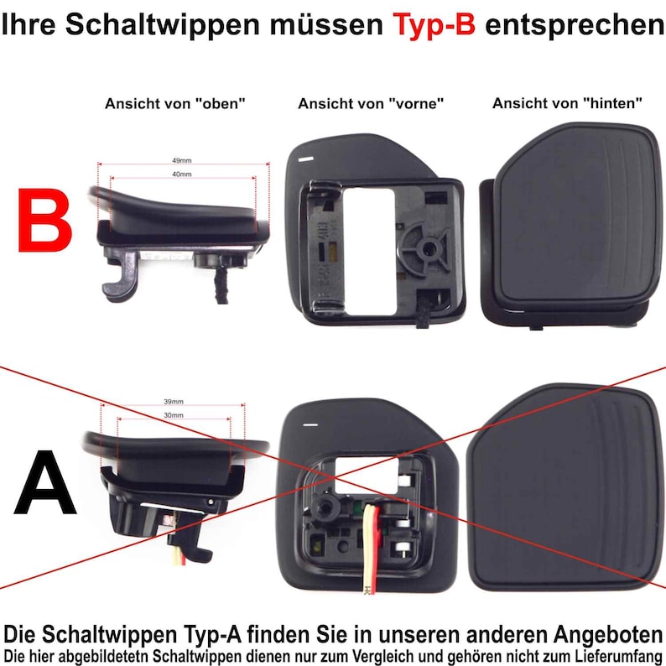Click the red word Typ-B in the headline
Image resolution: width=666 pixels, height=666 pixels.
(x=434, y=24)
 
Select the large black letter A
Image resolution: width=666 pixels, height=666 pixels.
(x=46, y=485)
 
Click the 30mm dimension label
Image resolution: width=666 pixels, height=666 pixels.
(x=174, y=415)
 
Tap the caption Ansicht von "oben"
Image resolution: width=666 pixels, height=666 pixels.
(x=174, y=104)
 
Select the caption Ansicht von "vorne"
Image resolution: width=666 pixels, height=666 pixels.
(x=370, y=104)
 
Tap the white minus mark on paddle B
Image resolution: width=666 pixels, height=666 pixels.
(x=305, y=157)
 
